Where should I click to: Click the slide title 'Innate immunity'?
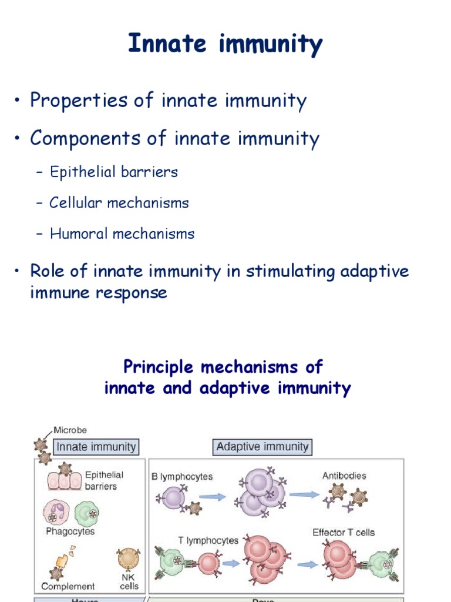click(x=225, y=45)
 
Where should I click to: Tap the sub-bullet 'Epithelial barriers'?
click(x=113, y=172)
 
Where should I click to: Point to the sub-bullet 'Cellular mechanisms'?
click(x=119, y=203)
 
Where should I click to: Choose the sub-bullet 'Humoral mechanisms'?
click(x=122, y=234)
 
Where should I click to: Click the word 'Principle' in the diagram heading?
click(x=159, y=367)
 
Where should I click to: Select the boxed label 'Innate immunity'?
click(x=96, y=447)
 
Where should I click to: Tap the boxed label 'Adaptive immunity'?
click(x=262, y=447)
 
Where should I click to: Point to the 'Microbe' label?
click(x=70, y=430)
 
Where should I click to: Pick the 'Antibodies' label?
click(x=344, y=476)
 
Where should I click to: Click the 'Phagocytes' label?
click(x=70, y=531)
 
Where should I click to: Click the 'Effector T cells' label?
click(x=344, y=533)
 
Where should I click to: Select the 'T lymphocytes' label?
click(x=208, y=540)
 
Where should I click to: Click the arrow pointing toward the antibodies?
click(x=305, y=495)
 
